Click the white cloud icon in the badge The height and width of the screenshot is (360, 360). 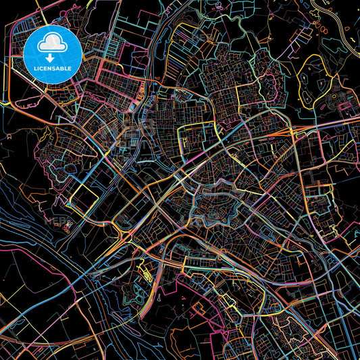point(51,44)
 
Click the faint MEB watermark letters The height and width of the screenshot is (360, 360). point(54,220)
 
